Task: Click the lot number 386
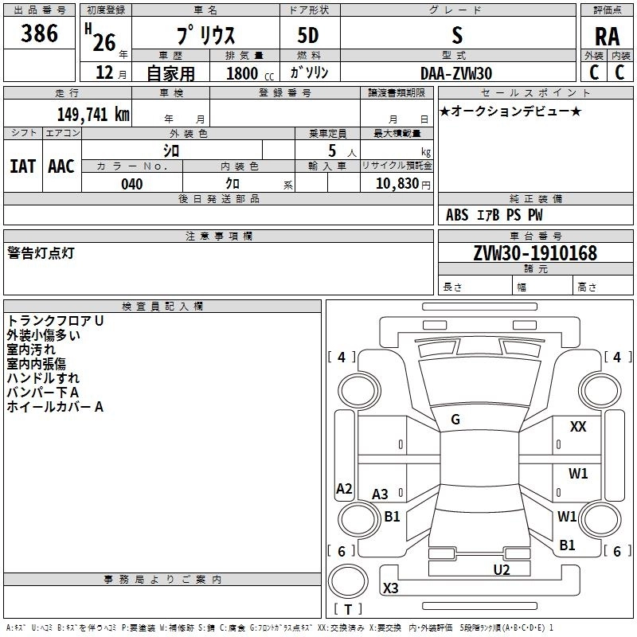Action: point(40,34)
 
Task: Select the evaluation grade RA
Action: point(607,37)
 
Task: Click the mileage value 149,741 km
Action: point(93,114)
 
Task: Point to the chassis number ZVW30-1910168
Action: point(534,254)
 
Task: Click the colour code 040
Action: point(131,184)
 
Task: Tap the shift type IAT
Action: point(23,166)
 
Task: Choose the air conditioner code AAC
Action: point(61,166)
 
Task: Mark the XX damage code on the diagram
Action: point(578,428)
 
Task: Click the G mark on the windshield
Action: point(455,420)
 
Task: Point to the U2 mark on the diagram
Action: point(501,569)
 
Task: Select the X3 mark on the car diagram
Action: point(391,588)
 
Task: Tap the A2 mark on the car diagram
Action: point(344,489)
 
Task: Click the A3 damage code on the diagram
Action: point(381,494)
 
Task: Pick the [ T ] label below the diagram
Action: point(348,610)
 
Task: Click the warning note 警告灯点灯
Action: point(41,253)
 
